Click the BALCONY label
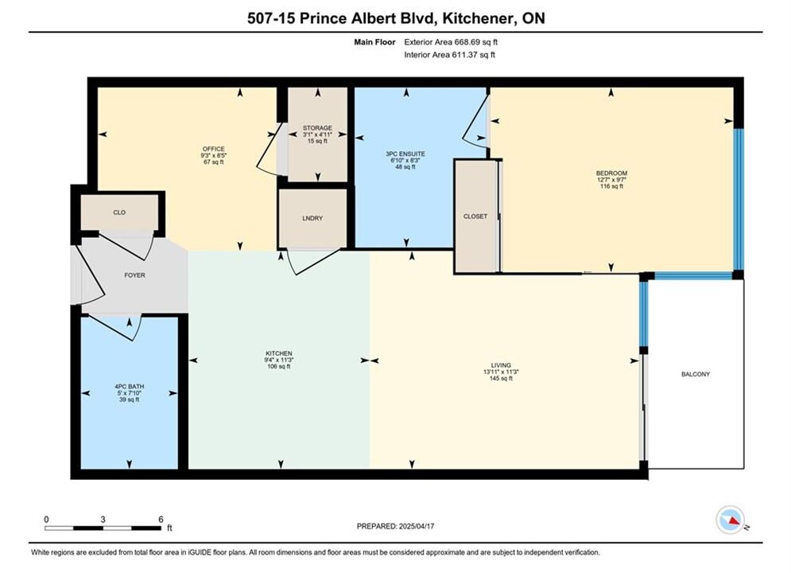pos(695,374)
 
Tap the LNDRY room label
pos(312,218)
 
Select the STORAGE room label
pos(317,128)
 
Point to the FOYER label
pos(134,275)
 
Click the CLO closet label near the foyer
pos(119,212)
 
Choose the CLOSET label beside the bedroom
pos(475,216)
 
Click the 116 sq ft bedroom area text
pos(611,186)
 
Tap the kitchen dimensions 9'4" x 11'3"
pos(279,360)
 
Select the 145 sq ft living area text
pos(501,378)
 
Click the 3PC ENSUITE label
pos(405,154)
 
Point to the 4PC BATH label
pos(129,387)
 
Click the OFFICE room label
pos(213,149)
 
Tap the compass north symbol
pos(731,520)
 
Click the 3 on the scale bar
pos(103,519)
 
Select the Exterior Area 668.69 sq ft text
pos(451,42)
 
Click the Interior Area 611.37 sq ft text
pos(449,55)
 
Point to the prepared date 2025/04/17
pos(417,526)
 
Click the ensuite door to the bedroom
pos(476,121)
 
